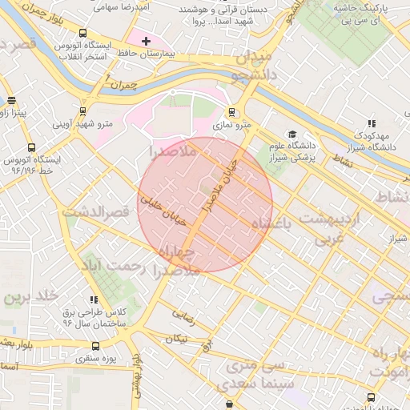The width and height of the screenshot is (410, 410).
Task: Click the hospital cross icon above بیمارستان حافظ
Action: pos(146,41)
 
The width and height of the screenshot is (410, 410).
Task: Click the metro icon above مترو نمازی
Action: pos(232,113)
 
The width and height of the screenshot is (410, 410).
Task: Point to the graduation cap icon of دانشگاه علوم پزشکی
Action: pos(293,134)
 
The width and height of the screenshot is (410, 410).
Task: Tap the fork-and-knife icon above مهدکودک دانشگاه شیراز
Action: pos(371,123)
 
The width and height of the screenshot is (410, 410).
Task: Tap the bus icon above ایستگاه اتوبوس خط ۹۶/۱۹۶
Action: pos(31,147)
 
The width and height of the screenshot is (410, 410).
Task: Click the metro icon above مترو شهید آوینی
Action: pos(82,111)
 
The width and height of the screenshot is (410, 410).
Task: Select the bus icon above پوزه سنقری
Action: pos(96,347)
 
